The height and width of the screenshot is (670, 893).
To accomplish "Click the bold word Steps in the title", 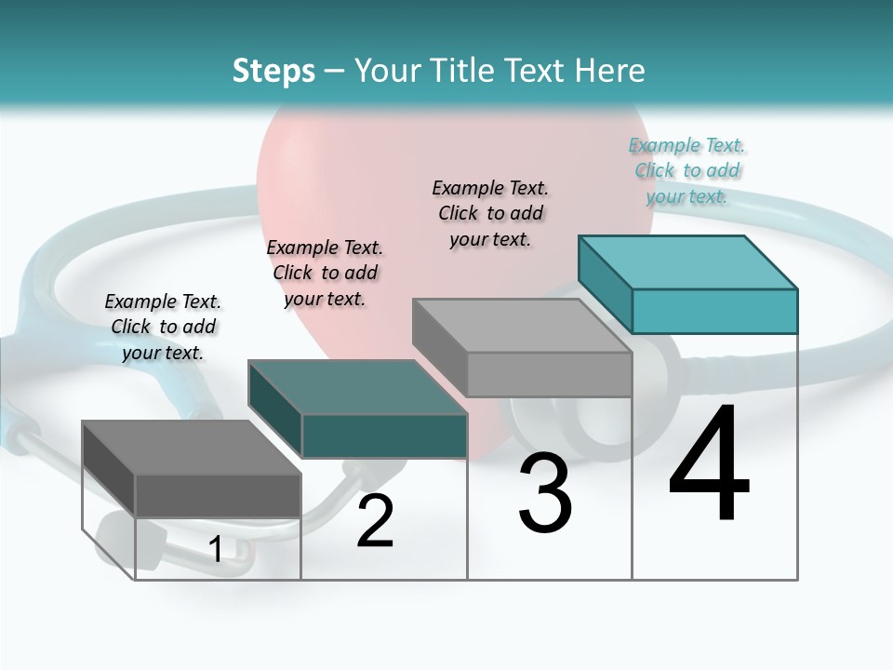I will (273, 71).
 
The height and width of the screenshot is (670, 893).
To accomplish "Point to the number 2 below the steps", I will (375, 521).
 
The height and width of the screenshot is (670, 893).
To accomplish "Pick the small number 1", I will (215, 550).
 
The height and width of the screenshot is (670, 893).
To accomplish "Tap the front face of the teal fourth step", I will (714, 311).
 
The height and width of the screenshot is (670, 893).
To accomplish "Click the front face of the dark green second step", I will (384, 435).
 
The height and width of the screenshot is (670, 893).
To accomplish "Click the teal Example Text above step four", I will (687, 170).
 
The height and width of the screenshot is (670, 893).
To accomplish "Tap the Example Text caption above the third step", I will (490, 213).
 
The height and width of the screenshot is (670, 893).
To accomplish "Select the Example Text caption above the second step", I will (325, 273).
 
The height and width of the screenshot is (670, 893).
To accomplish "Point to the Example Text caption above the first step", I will (163, 327).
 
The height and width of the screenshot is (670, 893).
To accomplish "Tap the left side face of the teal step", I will (606, 278).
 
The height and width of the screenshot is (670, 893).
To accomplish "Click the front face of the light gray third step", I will (549, 374).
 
